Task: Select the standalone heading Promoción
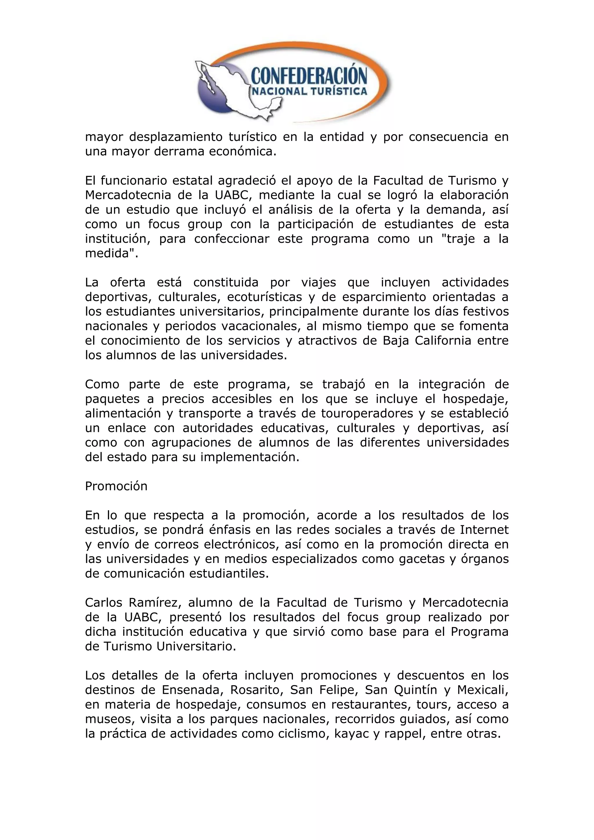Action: (x=116, y=486)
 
